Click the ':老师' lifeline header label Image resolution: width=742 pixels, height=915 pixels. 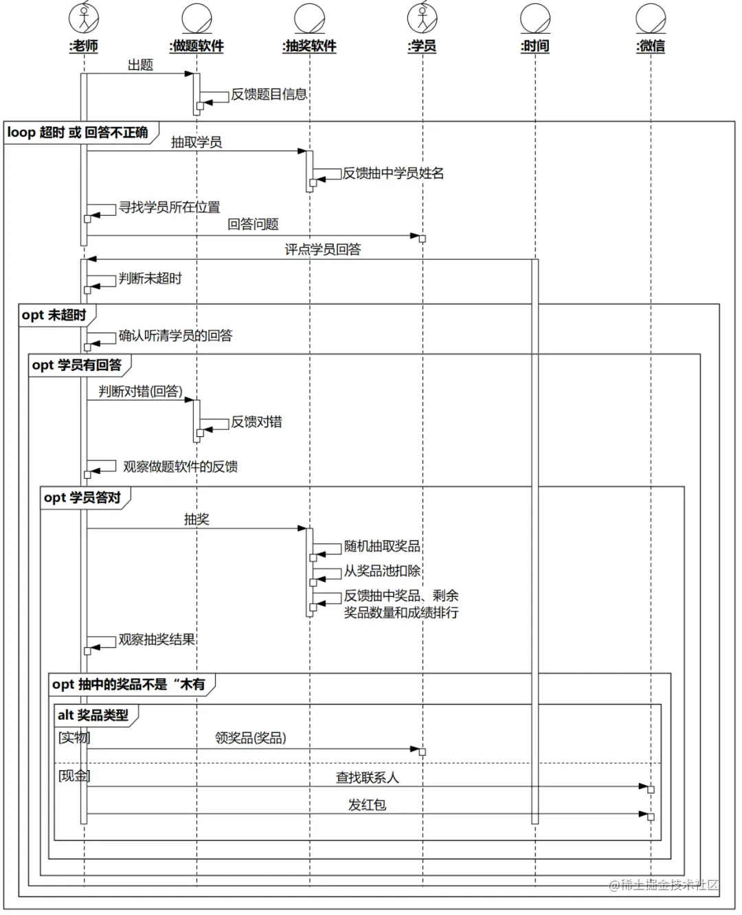(x=84, y=46)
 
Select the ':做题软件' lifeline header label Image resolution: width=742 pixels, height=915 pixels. (x=196, y=46)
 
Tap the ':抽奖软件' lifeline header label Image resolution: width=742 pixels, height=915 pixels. (x=309, y=46)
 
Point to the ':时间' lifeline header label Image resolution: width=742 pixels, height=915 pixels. (x=535, y=46)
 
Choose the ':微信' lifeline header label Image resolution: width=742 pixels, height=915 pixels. (x=650, y=46)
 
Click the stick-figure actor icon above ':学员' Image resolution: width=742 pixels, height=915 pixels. (x=422, y=18)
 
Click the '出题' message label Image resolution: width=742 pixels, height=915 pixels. (x=140, y=65)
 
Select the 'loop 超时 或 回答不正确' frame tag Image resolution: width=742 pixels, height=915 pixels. (x=78, y=133)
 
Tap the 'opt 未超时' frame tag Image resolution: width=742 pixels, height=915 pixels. (x=54, y=315)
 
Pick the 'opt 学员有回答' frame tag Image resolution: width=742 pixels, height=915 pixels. (x=76, y=365)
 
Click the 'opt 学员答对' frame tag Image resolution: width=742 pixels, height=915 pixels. (x=82, y=497)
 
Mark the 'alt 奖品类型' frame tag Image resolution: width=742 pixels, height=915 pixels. (x=93, y=715)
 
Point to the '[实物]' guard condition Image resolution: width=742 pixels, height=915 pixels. (x=74, y=738)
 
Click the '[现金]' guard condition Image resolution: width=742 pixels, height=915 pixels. (x=74, y=776)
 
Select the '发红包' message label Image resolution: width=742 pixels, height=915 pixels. (x=367, y=805)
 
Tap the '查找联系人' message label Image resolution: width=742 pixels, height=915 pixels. (x=367, y=778)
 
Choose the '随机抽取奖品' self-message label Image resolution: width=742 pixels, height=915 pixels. (x=382, y=546)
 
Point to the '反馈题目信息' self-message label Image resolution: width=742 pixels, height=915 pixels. (x=269, y=95)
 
